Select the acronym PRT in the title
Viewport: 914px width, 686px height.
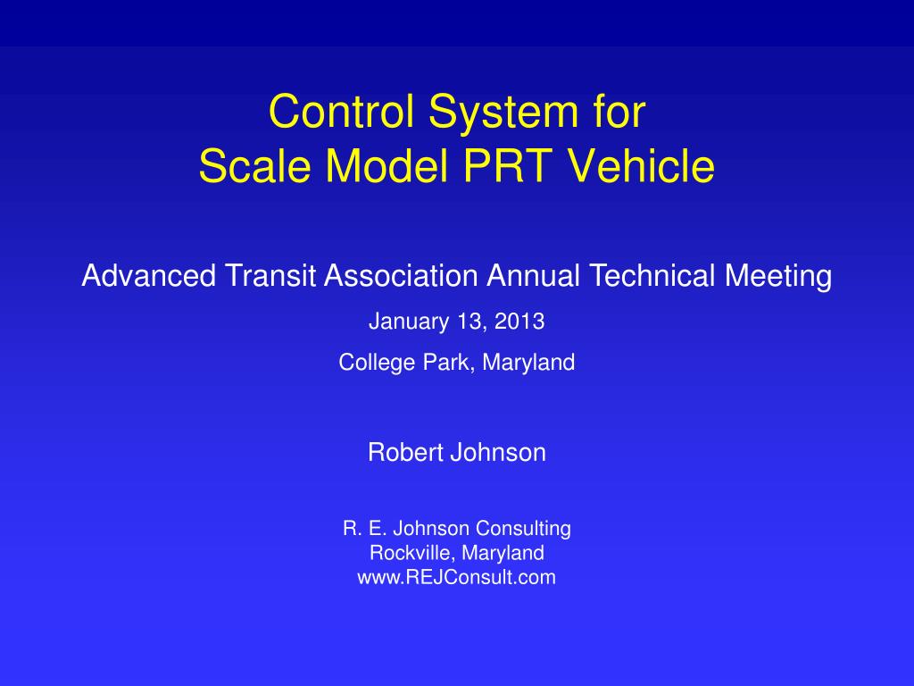[x=508, y=165]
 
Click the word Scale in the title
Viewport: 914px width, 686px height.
[x=254, y=165]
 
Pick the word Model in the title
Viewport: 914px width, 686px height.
[x=386, y=165]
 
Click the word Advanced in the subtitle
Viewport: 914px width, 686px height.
[x=149, y=275]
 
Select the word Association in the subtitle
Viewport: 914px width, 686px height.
[x=401, y=275]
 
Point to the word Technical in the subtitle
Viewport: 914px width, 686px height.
[x=652, y=275]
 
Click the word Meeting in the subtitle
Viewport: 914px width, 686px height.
[x=778, y=277]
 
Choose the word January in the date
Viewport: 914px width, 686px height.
[x=409, y=322]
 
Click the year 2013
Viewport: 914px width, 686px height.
[x=519, y=322]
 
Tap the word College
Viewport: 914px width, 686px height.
[x=378, y=364]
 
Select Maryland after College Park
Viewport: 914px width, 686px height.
[x=528, y=364]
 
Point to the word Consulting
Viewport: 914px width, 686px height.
[x=523, y=529]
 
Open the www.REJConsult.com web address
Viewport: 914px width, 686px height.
[x=456, y=578]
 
